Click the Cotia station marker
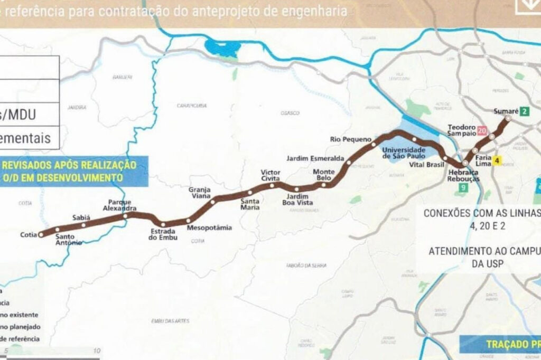click(41, 235)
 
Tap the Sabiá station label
click(81, 217)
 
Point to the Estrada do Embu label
click(163, 234)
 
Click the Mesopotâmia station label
click(209, 228)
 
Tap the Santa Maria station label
click(250, 204)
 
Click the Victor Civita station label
click(271, 175)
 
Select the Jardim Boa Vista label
click(297, 200)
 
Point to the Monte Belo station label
click(323, 175)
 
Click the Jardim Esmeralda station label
click(315, 158)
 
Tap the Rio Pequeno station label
click(347, 139)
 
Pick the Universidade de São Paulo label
click(404, 153)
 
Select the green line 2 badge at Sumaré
click(524, 111)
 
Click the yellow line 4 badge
click(497, 160)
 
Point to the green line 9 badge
click(463, 188)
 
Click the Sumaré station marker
click(508, 119)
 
